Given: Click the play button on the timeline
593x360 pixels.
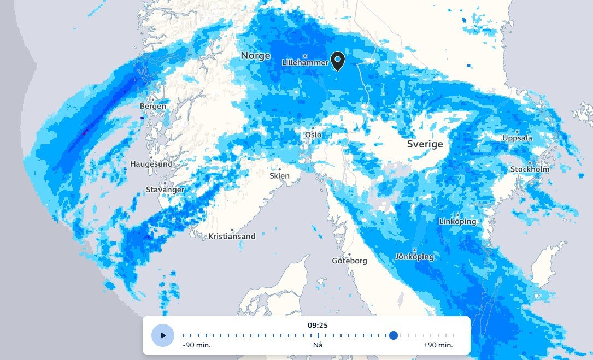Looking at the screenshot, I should (x=162, y=335).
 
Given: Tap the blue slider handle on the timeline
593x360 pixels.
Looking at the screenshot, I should (x=393, y=335).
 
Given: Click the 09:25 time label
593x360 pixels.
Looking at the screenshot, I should (x=318, y=325).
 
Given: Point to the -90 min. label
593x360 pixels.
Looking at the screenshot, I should (x=196, y=345).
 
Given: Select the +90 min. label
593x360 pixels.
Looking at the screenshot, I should (x=438, y=345).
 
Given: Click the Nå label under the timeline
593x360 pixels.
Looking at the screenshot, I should (x=318, y=345).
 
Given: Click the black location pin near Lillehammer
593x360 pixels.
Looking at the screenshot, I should (x=338, y=61).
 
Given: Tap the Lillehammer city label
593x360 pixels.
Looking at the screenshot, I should (x=305, y=63).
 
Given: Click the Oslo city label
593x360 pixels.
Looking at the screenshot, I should (x=313, y=134).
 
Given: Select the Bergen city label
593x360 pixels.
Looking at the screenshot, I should (x=153, y=106).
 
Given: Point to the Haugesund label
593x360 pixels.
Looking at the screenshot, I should (x=151, y=164).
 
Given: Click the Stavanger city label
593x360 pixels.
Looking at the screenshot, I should (x=165, y=190).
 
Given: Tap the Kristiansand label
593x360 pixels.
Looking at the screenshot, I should (x=232, y=237).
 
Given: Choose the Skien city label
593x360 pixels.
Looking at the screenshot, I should (x=279, y=176).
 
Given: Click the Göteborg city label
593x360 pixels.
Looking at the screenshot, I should (x=349, y=261).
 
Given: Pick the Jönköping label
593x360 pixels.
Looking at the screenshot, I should (x=415, y=257).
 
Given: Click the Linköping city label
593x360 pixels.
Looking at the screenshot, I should (x=457, y=221).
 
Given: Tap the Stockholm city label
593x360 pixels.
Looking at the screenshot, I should (x=530, y=169).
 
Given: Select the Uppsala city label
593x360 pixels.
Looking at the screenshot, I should (x=517, y=138).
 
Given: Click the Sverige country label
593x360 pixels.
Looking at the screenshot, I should (x=425, y=144).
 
